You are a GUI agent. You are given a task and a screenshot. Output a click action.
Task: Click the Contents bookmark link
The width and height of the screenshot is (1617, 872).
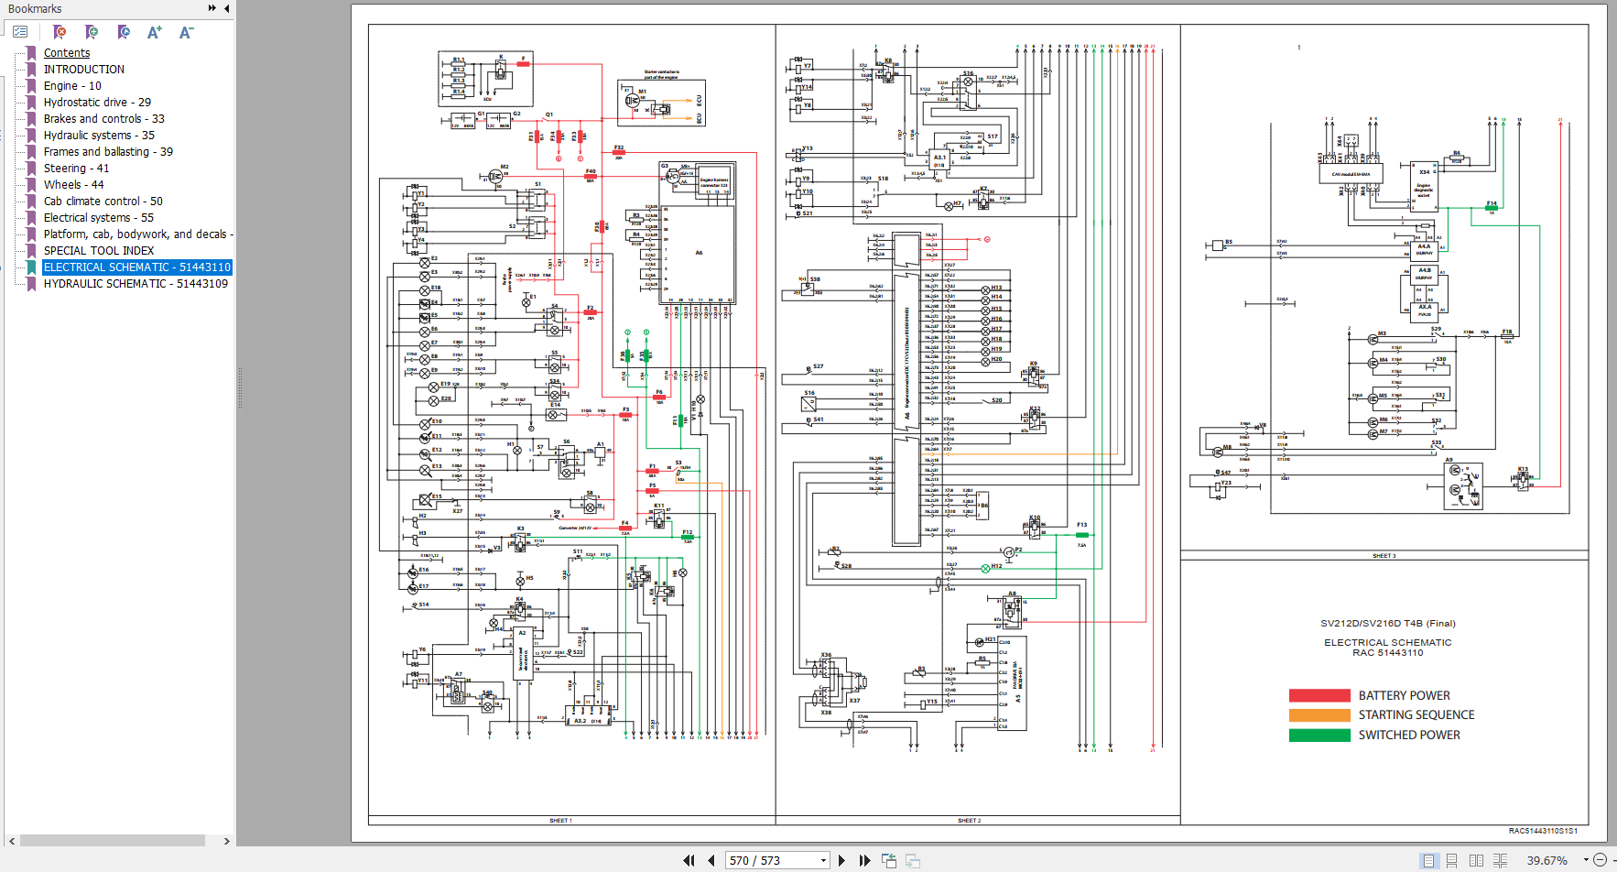click(x=67, y=53)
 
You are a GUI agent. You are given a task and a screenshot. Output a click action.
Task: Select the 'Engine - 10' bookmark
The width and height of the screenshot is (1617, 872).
click(x=72, y=86)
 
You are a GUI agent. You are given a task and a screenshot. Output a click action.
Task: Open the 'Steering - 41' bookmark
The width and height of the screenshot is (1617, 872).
click(x=76, y=169)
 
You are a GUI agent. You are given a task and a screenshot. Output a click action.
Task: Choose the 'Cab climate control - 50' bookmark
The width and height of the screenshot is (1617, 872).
click(x=103, y=202)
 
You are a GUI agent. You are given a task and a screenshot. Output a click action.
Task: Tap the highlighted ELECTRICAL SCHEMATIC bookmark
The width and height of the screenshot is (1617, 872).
click(x=136, y=267)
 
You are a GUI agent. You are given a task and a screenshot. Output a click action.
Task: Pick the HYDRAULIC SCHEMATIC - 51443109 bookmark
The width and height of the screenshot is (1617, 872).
click(x=136, y=284)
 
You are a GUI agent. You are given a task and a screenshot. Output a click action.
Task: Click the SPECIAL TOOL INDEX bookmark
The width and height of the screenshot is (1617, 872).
click(x=99, y=251)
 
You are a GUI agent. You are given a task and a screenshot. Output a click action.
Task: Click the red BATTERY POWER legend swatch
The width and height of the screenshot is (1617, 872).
click(x=1319, y=695)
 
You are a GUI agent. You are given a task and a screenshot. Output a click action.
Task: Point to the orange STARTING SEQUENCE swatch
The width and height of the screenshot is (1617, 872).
click(x=1319, y=715)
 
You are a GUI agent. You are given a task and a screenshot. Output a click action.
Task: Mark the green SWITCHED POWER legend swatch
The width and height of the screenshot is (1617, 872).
click(x=1319, y=735)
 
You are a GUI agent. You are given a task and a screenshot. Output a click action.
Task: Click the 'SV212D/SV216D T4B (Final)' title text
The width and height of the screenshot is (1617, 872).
click(x=1387, y=624)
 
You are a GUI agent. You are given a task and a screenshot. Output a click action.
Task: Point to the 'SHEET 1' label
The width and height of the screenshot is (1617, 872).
click(x=560, y=821)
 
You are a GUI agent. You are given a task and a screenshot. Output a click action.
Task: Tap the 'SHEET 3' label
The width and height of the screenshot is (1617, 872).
click(x=1384, y=556)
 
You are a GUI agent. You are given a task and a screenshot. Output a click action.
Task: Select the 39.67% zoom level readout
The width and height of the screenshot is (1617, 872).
click(x=1546, y=861)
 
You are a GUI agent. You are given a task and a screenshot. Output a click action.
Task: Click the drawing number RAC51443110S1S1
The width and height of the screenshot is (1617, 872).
click(x=1543, y=832)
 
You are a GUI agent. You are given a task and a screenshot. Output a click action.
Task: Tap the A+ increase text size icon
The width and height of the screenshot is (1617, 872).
click(x=155, y=33)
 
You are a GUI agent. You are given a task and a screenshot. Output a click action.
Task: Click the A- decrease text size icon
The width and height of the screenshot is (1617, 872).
click(x=186, y=33)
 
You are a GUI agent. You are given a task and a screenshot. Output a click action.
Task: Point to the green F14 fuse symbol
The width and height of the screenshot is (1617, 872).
click(x=1491, y=208)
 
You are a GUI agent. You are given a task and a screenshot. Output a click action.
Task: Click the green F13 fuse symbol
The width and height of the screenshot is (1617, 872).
click(x=1081, y=534)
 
